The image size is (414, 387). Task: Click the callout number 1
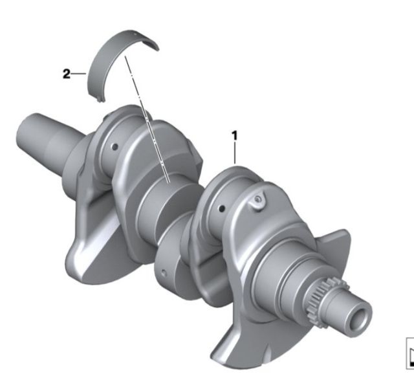click(234, 136)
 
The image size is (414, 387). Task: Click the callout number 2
click(67, 74)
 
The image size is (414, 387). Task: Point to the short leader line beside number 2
click(79, 73)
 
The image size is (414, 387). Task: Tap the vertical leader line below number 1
click(234, 153)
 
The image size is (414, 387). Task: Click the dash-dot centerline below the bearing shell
click(147, 120)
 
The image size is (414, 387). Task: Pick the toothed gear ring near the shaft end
click(321, 298)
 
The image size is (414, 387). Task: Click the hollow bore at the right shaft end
click(360, 320)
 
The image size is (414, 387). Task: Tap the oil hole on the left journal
click(114, 147)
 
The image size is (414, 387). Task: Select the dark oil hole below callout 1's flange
click(222, 208)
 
